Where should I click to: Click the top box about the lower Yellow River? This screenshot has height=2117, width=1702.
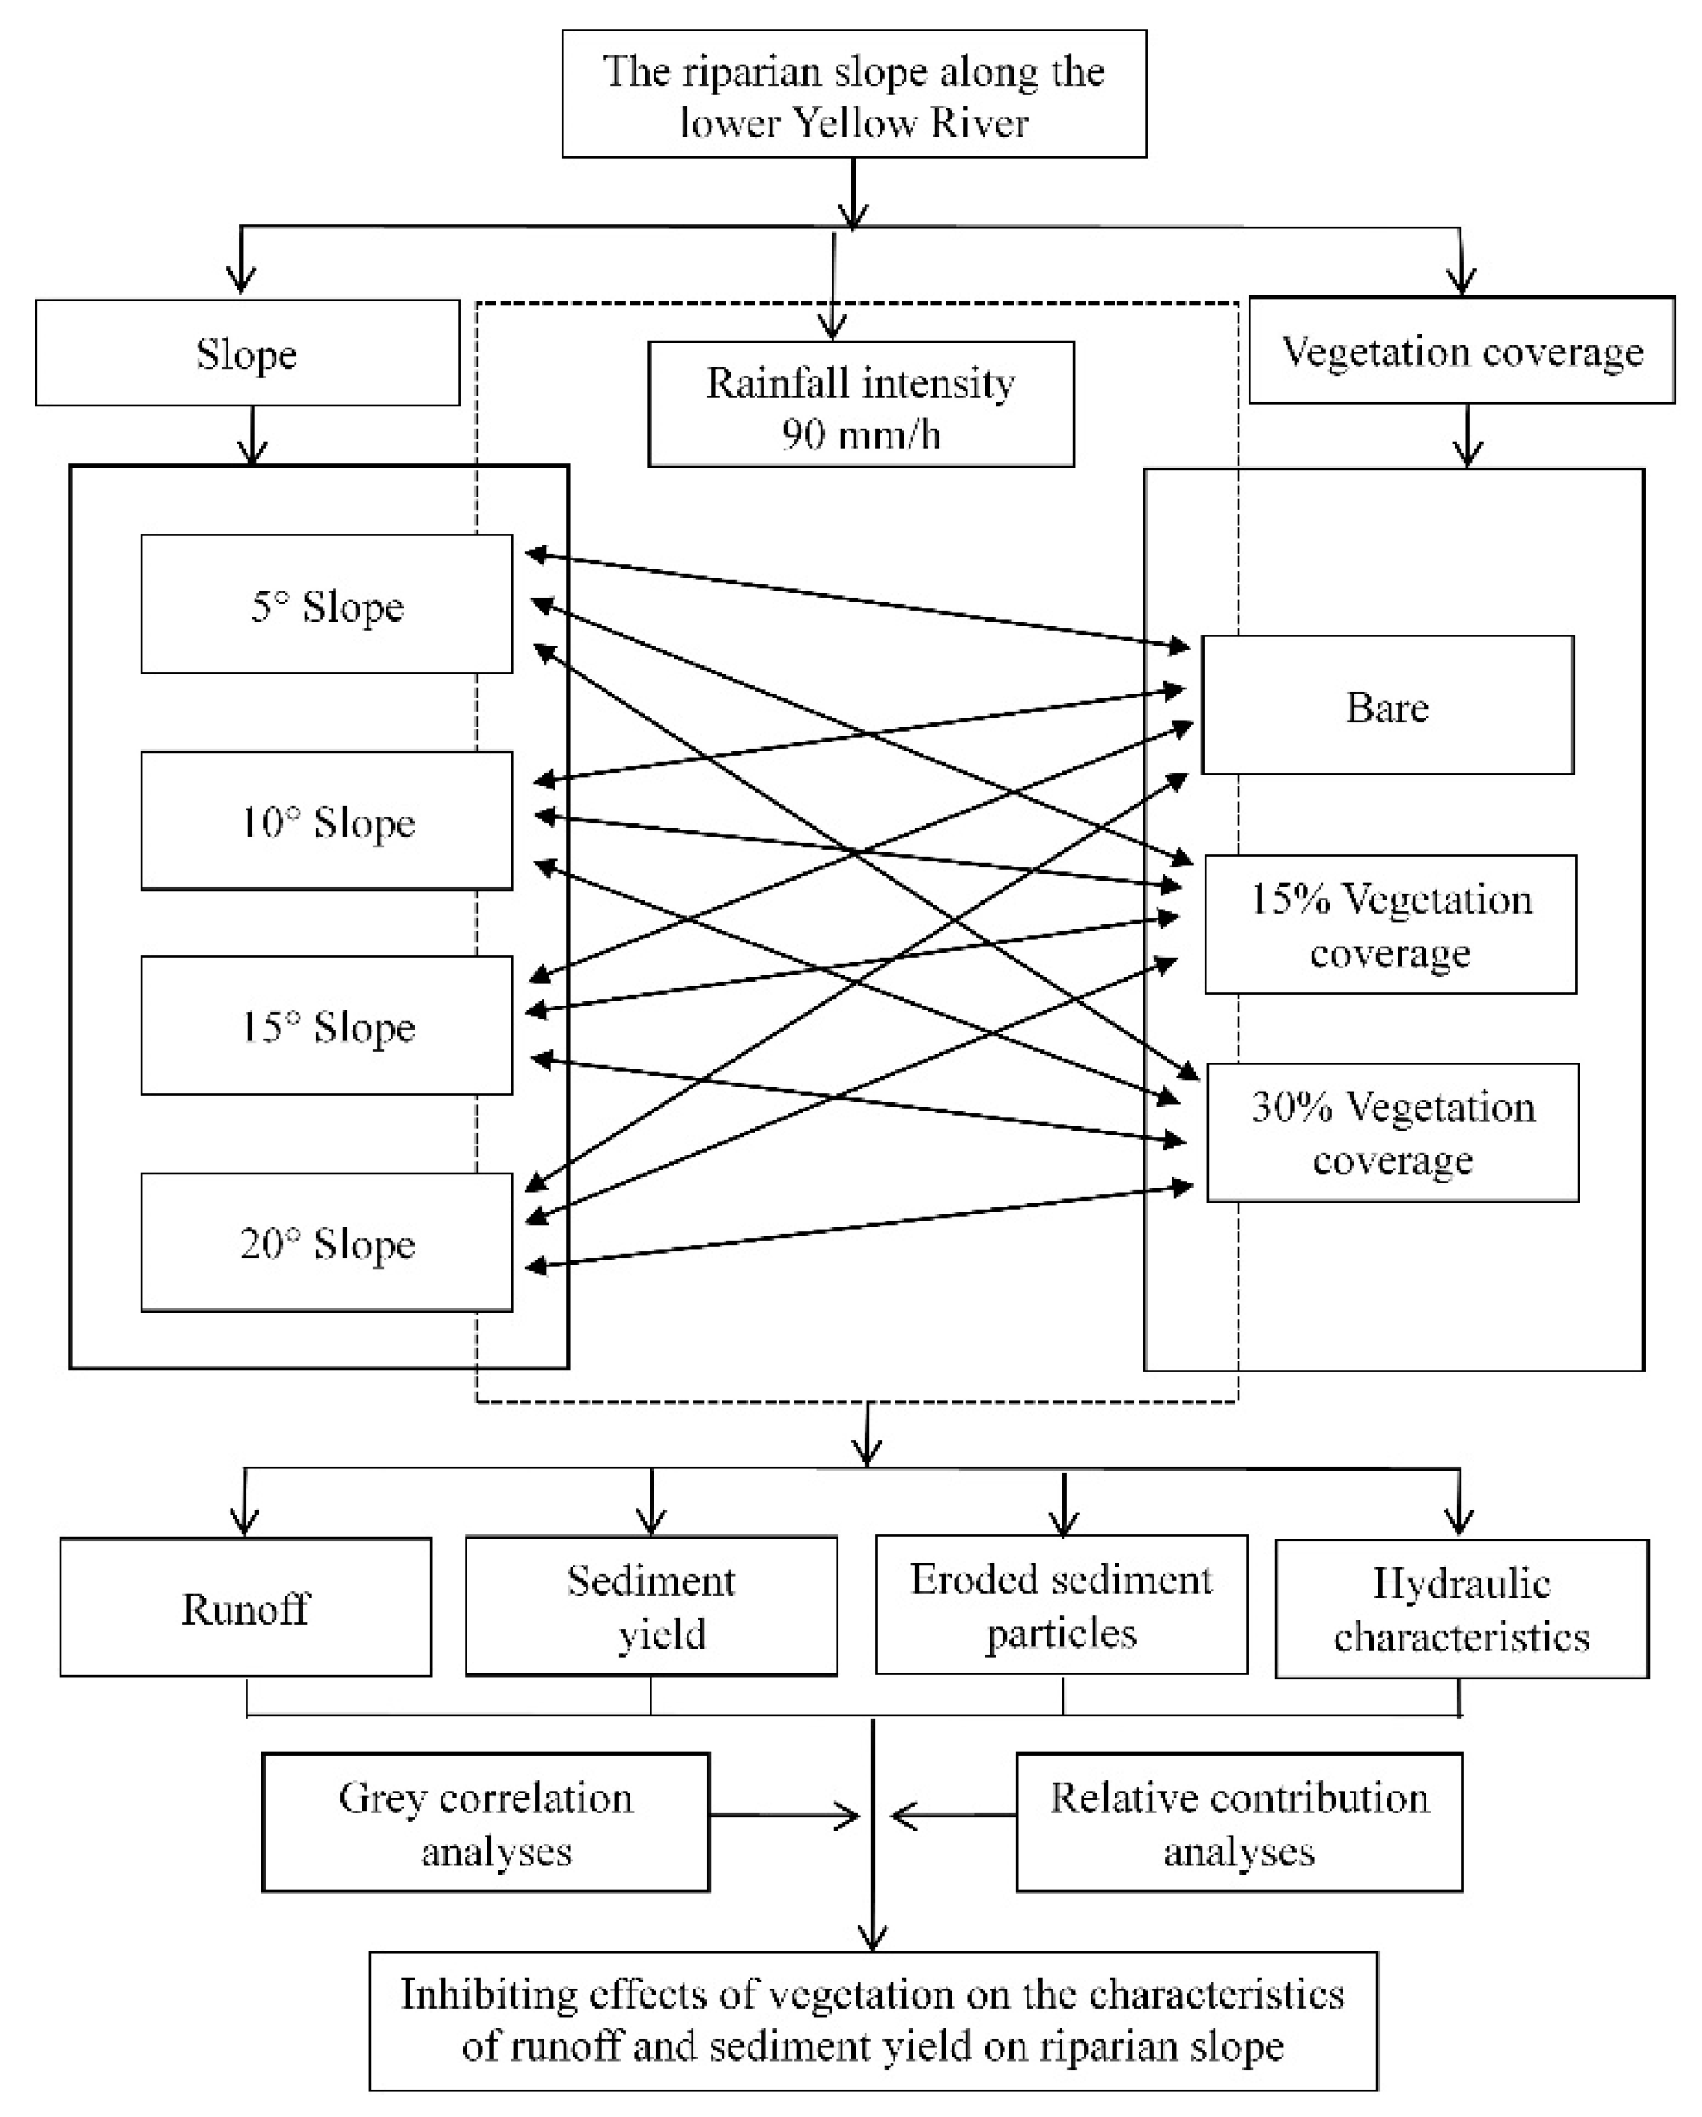(x=854, y=94)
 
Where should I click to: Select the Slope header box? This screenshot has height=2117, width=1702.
(x=247, y=353)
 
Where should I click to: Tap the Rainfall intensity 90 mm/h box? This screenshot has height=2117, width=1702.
(x=861, y=405)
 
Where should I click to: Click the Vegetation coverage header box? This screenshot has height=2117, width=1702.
(x=1461, y=351)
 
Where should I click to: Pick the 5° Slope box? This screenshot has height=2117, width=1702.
(x=327, y=605)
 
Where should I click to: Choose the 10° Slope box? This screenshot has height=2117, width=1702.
(x=327, y=821)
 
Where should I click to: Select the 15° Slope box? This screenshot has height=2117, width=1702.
(x=327, y=1026)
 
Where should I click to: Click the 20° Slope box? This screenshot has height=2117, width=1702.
(x=327, y=1243)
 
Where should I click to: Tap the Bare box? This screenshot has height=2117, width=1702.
(x=1387, y=706)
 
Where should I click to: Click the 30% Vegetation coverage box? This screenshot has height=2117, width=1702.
(x=1392, y=1133)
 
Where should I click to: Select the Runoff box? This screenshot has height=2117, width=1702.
(x=246, y=1608)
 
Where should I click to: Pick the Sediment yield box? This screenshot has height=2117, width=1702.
(x=650, y=1606)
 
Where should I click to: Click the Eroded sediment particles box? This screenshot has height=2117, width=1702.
(x=1061, y=1606)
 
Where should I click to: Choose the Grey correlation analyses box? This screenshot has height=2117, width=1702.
(x=486, y=1823)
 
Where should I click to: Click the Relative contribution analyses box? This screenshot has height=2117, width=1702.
(x=1239, y=1823)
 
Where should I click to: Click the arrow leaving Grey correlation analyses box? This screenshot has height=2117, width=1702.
(x=785, y=1816)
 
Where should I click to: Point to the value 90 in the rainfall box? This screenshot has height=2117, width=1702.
(x=803, y=434)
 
